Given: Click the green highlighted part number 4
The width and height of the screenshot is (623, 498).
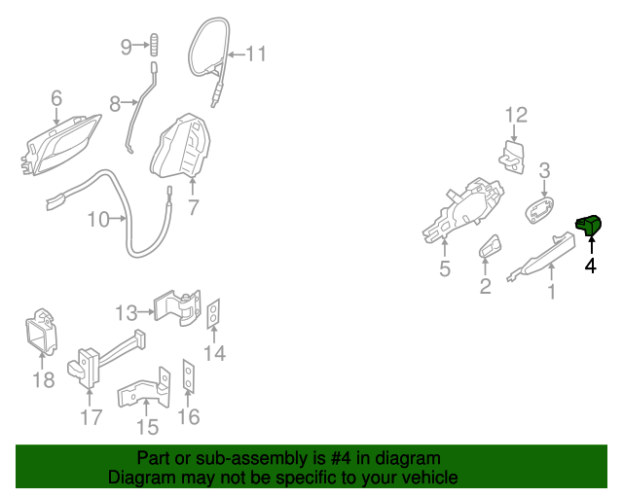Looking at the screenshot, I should point(589,227).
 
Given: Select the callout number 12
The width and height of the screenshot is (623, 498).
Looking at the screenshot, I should point(515,116).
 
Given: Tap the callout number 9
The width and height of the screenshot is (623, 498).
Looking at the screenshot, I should point(126,46).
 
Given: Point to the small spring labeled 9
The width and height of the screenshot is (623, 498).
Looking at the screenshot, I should point(154,46).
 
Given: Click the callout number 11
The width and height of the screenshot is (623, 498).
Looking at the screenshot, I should point(255,53).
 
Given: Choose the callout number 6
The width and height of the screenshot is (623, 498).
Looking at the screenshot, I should point(55,98).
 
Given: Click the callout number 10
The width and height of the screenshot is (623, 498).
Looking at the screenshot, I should point(99,220).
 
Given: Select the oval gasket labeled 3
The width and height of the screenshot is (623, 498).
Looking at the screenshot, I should point(538,209).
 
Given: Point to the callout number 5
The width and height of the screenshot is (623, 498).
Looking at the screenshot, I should point(445,269).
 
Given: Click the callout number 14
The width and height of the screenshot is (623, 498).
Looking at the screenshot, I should point(215,353).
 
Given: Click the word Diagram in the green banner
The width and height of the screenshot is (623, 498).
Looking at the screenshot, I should point(141,478).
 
